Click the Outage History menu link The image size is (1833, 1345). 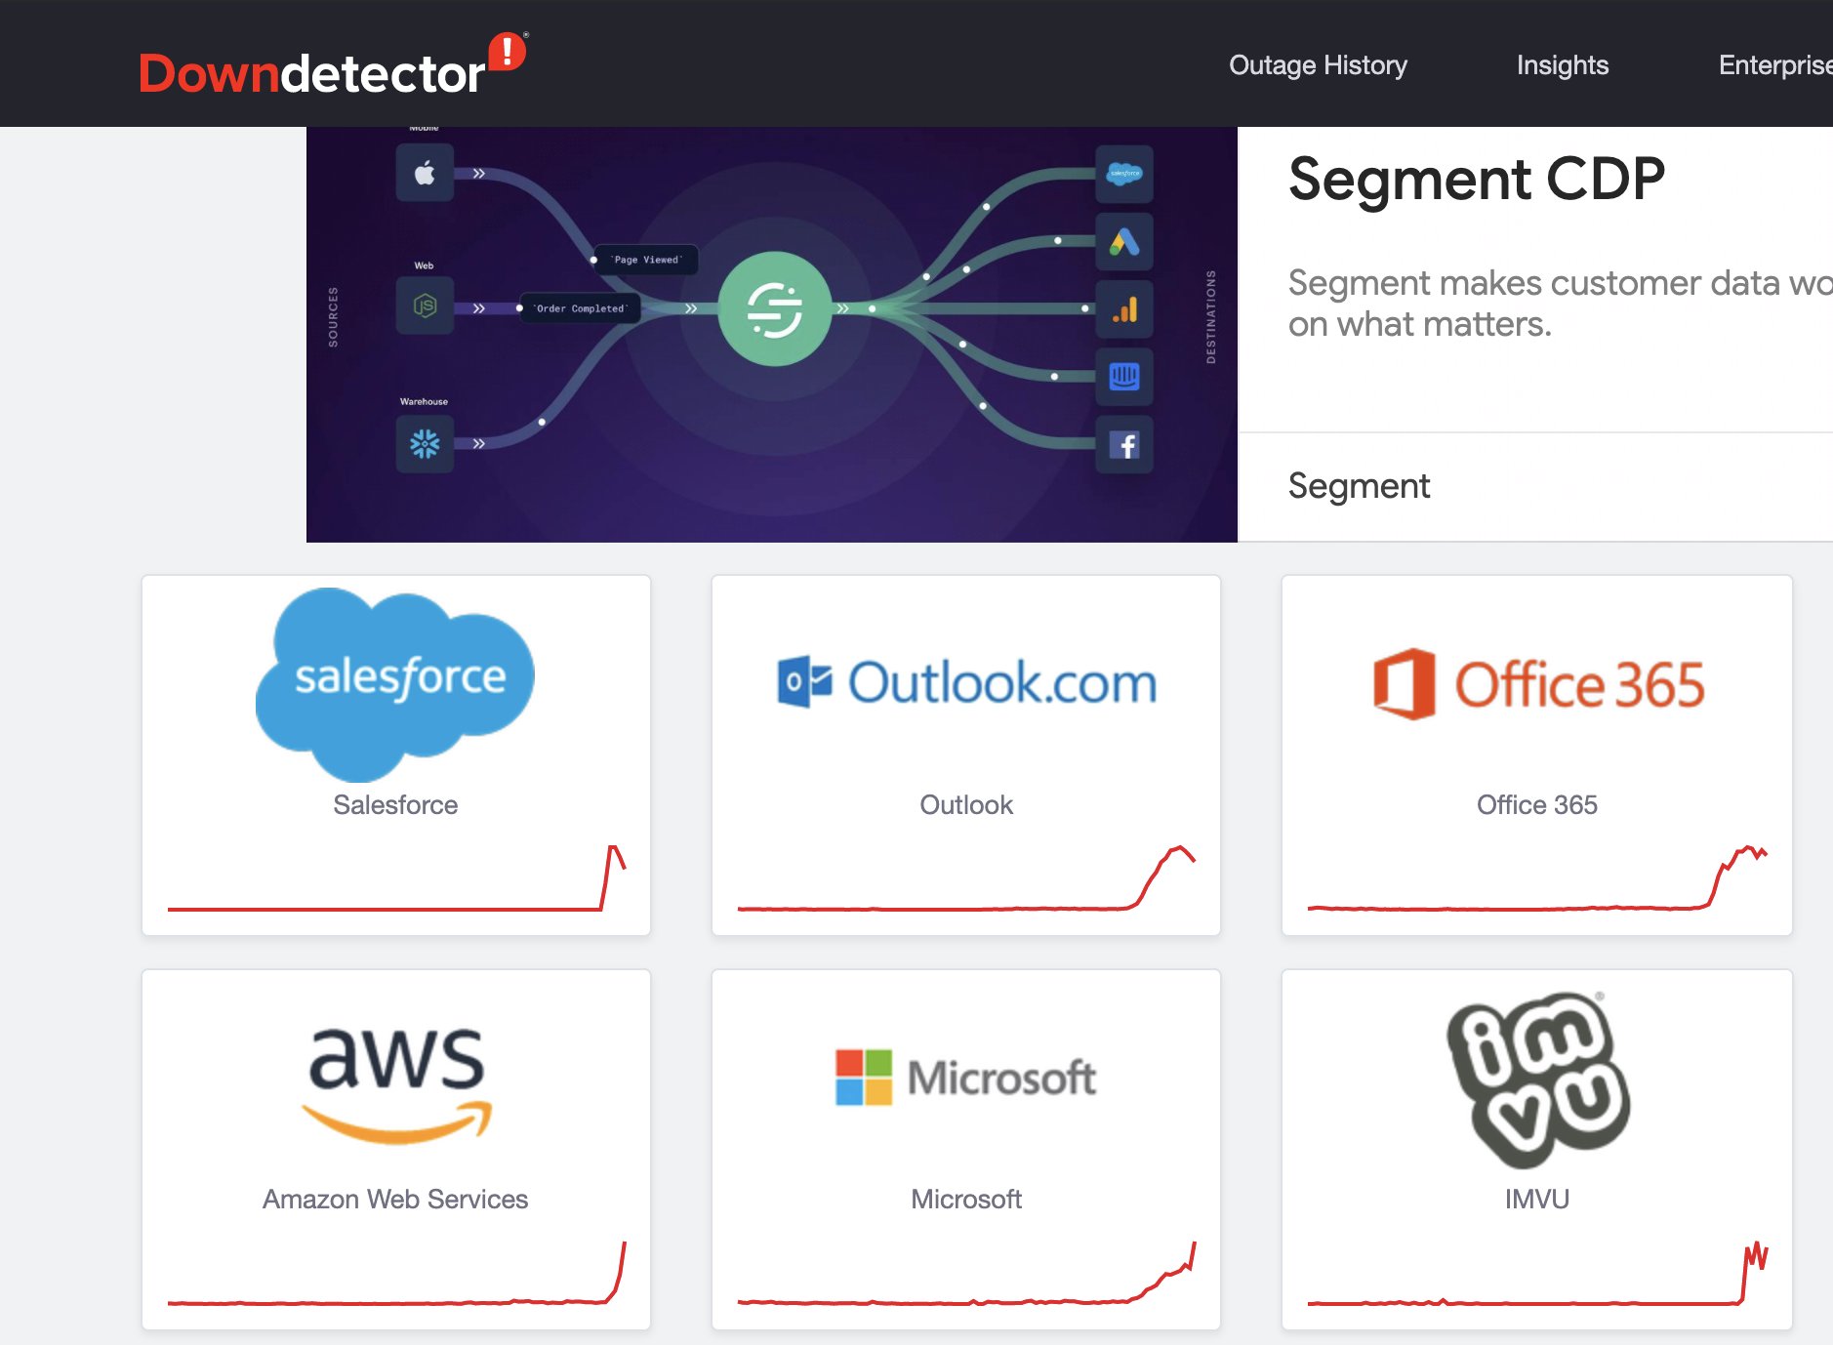(x=1318, y=65)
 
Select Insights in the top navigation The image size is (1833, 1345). (x=1562, y=65)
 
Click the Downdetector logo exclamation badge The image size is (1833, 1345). (x=507, y=51)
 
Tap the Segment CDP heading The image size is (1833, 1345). (x=1476, y=179)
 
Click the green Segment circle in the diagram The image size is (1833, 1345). (x=774, y=308)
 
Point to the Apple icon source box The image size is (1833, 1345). (x=425, y=174)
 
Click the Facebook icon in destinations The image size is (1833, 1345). (x=1124, y=445)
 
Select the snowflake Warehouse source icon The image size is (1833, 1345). (x=425, y=444)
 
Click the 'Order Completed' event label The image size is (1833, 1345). (x=580, y=308)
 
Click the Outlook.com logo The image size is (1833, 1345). (x=966, y=682)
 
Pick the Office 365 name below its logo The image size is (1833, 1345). (x=1536, y=804)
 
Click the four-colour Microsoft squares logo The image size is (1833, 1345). (x=863, y=1078)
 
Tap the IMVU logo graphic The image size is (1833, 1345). (x=1537, y=1080)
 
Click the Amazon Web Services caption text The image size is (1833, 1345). (x=395, y=1199)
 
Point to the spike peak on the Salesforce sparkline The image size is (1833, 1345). (x=613, y=847)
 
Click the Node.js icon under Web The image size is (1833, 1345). (x=425, y=306)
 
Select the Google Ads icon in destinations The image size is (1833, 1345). (x=1124, y=241)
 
